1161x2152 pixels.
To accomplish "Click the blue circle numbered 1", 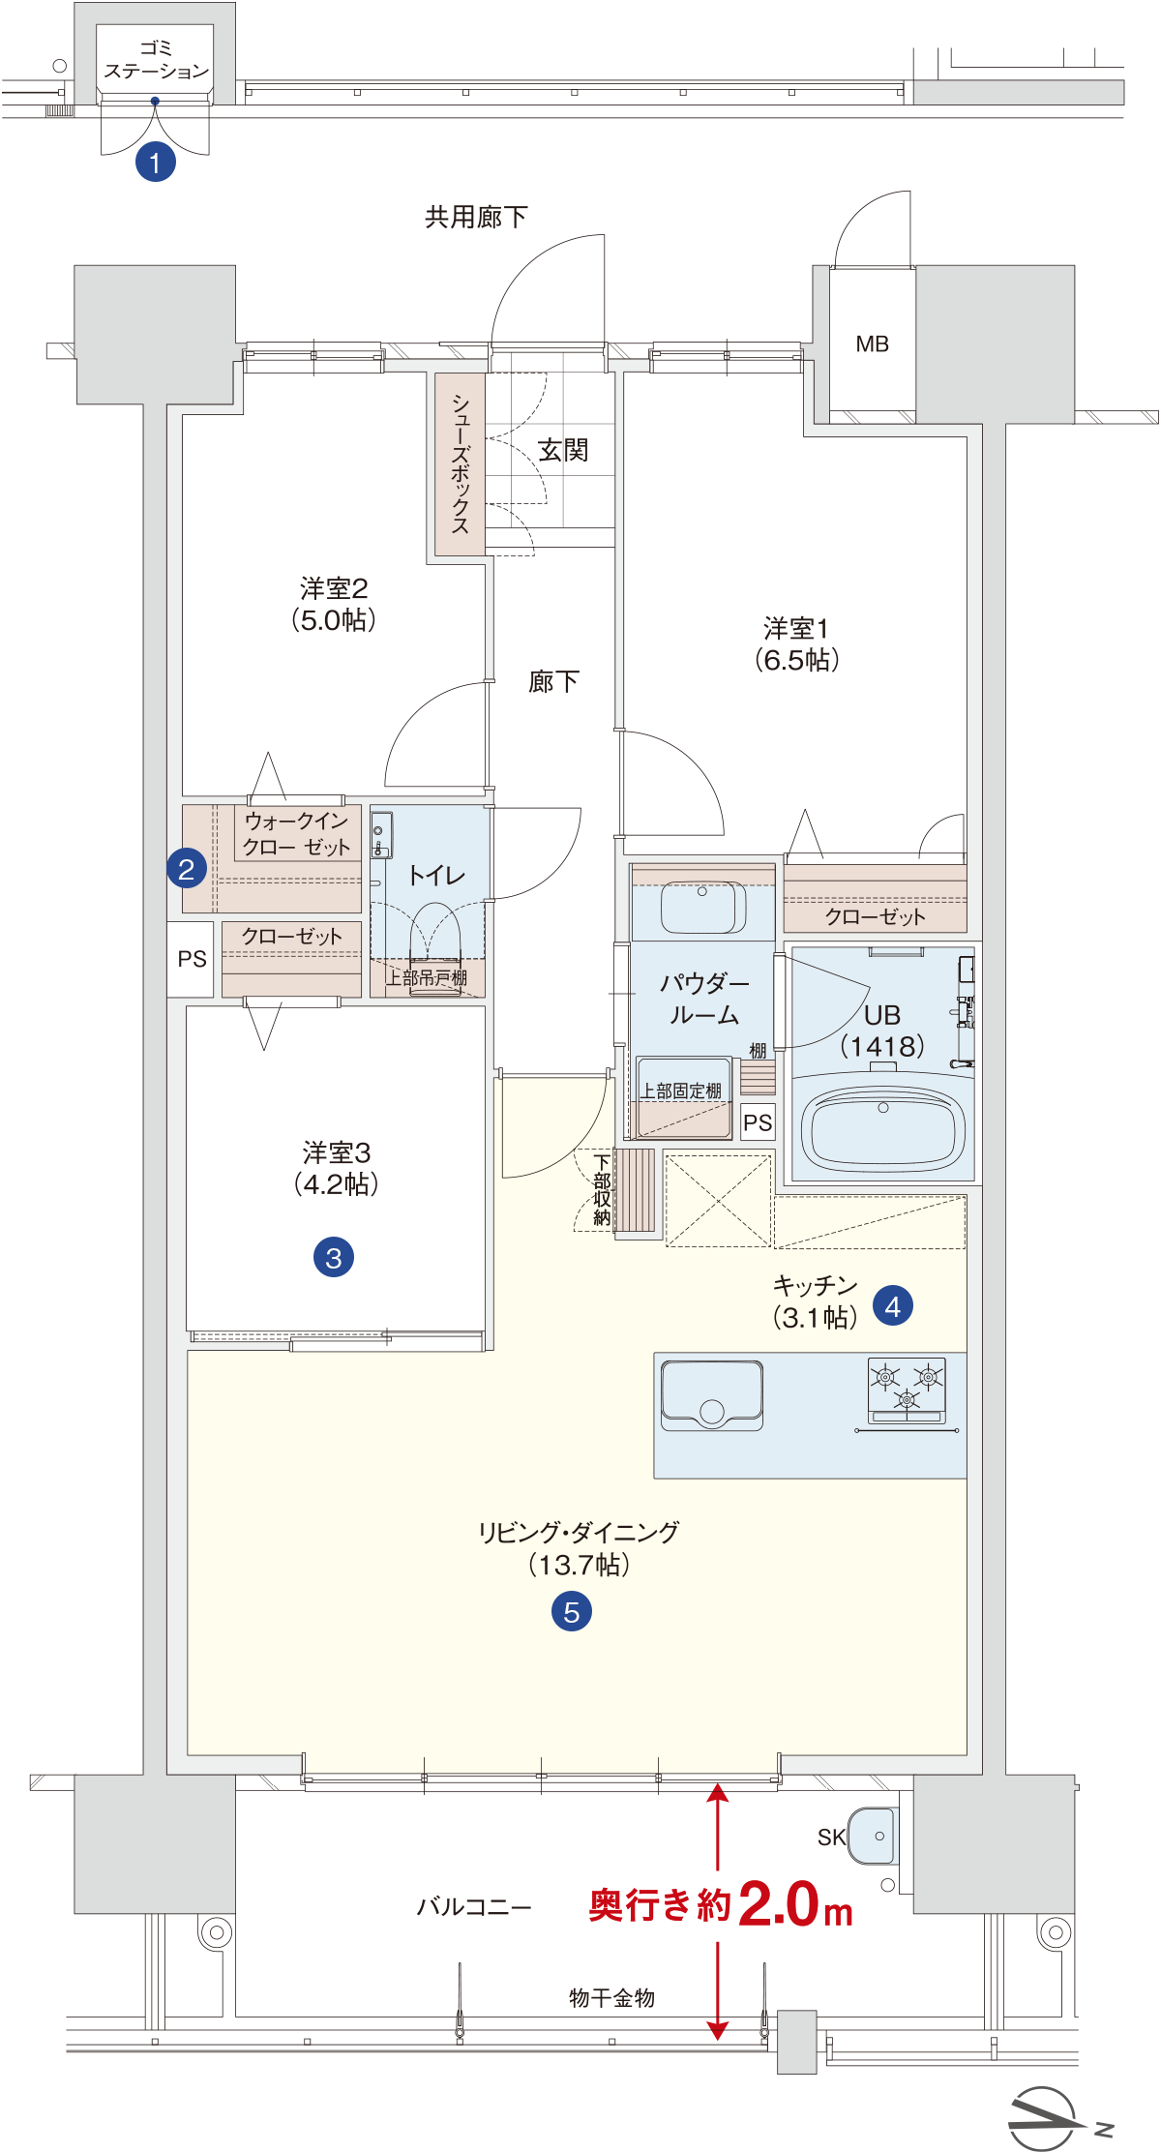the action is tap(156, 163).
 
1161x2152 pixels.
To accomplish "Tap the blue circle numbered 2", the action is tap(187, 868).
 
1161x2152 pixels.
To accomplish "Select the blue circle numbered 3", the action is tap(334, 1257).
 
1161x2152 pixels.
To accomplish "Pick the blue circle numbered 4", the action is tap(893, 1305).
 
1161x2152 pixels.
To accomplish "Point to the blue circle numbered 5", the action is tap(572, 1611).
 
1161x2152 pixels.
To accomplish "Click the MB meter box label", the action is tap(873, 344).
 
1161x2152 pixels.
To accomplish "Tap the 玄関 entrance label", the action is tap(563, 450).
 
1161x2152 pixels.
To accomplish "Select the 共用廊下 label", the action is tap(476, 217).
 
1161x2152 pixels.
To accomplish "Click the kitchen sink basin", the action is tap(712, 1394).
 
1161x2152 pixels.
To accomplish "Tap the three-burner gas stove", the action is tap(907, 1390).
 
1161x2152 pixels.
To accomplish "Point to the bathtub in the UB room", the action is tap(882, 1127).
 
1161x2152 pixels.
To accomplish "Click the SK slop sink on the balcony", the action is tap(873, 1836).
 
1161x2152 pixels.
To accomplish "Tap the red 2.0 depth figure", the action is tap(780, 1904).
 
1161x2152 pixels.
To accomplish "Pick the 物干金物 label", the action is tap(612, 1997).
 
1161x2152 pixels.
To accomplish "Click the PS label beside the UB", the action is tap(758, 1122).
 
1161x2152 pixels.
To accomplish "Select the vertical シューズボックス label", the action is tap(461, 464).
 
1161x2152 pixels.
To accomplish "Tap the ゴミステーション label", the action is tap(156, 59).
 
